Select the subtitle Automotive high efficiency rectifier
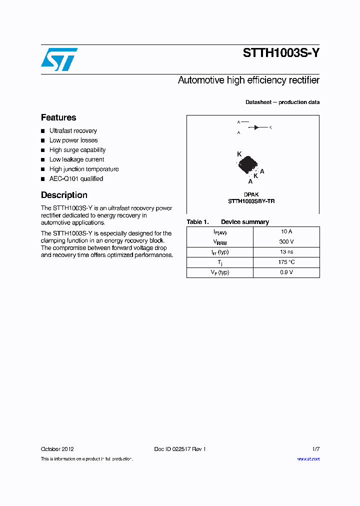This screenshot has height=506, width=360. point(248,80)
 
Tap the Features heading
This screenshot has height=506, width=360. point(58,117)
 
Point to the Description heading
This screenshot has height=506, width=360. point(64,195)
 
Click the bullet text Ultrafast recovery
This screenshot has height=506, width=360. point(73,131)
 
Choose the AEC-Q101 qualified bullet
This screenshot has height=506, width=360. point(76,178)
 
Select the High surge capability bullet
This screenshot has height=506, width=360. point(77,150)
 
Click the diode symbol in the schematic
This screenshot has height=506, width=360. point(257,127)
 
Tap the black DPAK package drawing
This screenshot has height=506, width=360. point(248,163)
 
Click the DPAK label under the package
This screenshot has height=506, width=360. point(251,194)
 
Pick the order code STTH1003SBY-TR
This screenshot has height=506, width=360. point(251,201)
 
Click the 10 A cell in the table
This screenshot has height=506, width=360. point(286,231)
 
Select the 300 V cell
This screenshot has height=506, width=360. point(286,241)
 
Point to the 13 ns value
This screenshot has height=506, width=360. point(286,252)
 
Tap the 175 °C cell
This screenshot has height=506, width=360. point(286,262)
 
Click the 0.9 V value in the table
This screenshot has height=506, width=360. point(286,272)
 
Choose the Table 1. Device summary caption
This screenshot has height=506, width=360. point(227,222)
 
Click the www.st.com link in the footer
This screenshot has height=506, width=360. point(308,459)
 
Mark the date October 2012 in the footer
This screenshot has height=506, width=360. point(57,449)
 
